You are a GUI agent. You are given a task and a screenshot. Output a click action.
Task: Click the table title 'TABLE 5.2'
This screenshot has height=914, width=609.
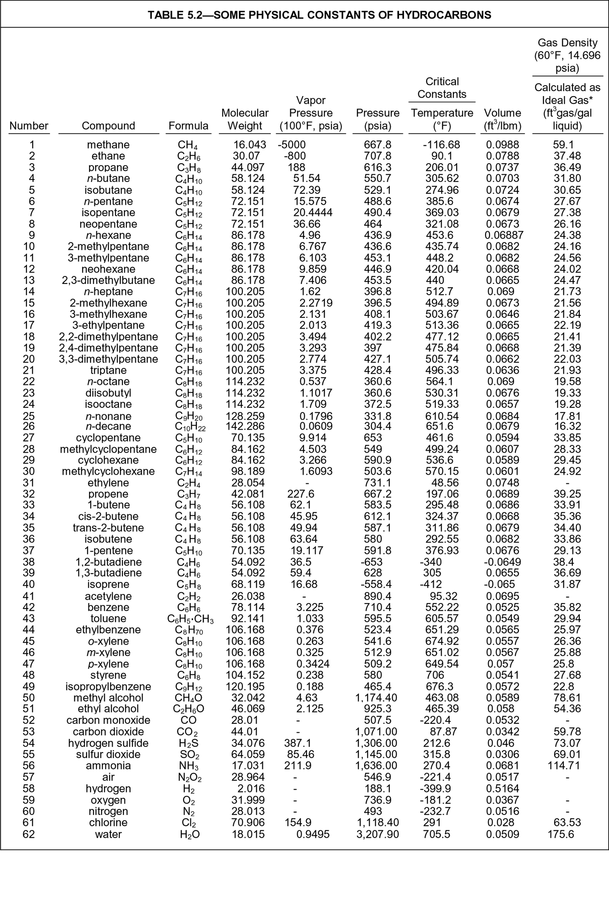point(319,15)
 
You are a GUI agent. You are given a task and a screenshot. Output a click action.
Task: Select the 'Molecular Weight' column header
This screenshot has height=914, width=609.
point(245,119)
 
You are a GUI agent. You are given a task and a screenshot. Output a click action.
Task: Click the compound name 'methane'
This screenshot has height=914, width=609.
point(108,144)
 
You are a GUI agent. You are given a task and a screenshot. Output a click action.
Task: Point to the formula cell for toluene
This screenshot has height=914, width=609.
point(190,619)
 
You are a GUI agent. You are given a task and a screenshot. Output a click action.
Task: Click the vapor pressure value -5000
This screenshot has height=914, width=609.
point(291,144)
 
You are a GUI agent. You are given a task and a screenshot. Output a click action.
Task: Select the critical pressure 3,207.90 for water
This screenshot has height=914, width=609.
point(378,834)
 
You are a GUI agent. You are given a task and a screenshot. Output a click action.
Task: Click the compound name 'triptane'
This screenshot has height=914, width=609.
point(108,370)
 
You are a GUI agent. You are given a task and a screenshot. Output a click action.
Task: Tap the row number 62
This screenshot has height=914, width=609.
point(29,834)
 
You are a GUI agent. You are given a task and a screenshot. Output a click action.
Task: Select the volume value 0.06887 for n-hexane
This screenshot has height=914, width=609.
point(504,235)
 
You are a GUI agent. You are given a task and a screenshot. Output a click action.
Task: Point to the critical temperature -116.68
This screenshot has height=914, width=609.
point(441,144)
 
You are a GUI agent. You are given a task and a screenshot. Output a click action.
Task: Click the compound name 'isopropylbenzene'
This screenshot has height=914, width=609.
point(108,687)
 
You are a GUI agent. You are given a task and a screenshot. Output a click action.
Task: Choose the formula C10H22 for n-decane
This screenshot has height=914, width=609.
point(190,427)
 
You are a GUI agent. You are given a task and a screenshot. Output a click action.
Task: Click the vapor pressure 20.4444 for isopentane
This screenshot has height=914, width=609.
point(313,213)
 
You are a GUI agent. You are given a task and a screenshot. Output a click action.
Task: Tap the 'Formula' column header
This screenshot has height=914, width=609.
point(188,126)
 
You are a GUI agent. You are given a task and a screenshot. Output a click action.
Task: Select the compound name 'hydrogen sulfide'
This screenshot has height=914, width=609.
point(108,743)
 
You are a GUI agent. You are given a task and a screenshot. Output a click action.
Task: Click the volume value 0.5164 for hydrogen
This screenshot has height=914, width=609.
point(502,788)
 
